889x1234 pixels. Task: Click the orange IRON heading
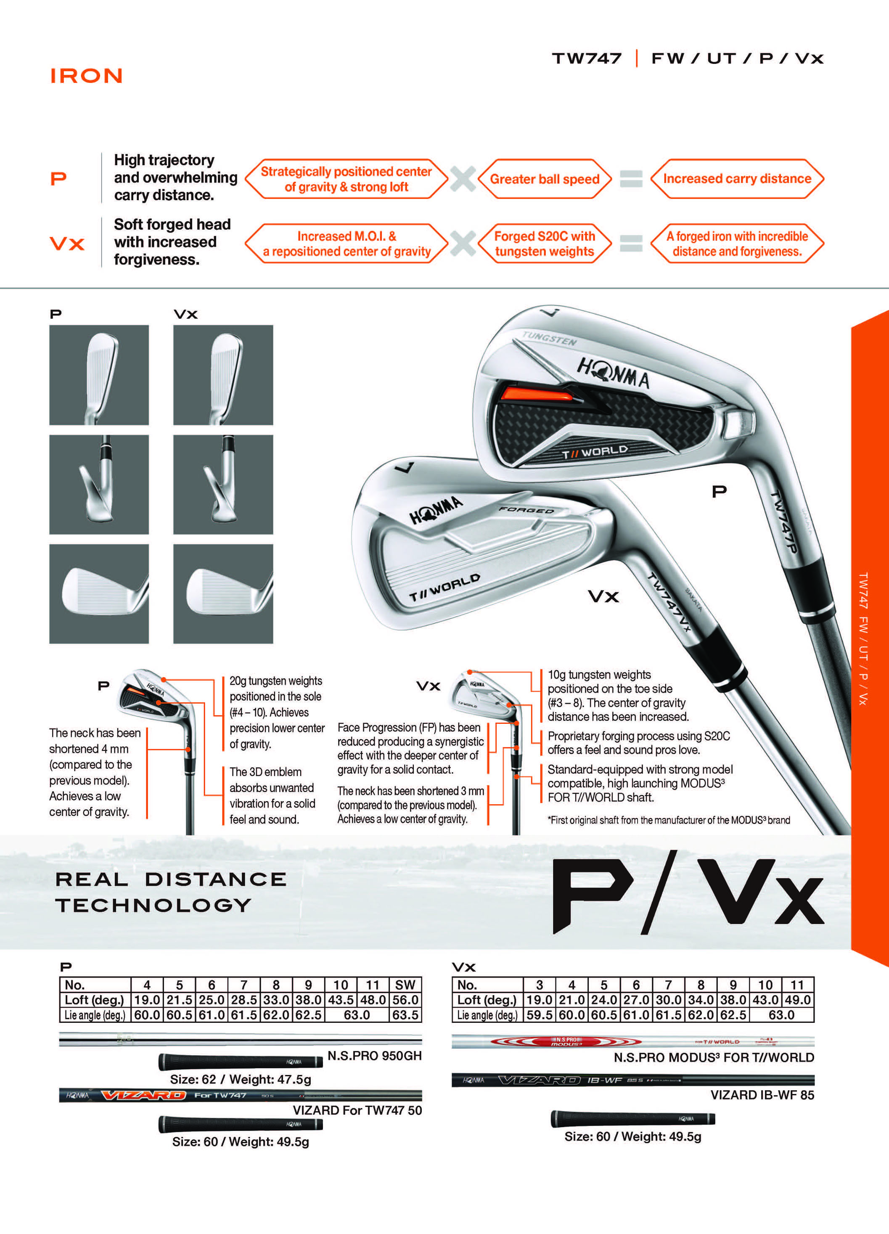(x=87, y=76)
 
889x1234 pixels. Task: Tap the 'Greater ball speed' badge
(x=545, y=179)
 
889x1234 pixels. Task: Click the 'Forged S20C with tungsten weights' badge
(x=545, y=244)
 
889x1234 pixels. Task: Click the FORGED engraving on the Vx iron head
(x=526, y=510)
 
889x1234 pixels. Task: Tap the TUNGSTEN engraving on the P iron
(x=549, y=339)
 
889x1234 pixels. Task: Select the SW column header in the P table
(x=405, y=985)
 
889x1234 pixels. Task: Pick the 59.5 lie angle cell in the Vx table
(x=539, y=1015)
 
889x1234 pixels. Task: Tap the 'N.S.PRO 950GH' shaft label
(x=374, y=1056)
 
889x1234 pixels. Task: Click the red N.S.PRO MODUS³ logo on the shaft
(x=566, y=1042)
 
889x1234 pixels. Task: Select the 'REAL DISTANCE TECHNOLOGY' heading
(x=171, y=892)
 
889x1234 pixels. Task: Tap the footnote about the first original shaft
(x=669, y=820)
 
